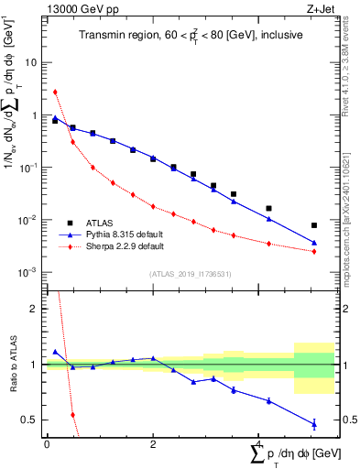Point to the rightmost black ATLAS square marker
click(x=314, y=224)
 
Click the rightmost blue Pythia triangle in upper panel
click(x=314, y=243)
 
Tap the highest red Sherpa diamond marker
click(x=56, y=92)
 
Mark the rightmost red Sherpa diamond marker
click(x=314, y=252)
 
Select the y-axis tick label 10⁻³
click(x=29, y=272)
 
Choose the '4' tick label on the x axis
click(x=258, y=444)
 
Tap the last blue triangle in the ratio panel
click(x=314, y=424)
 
